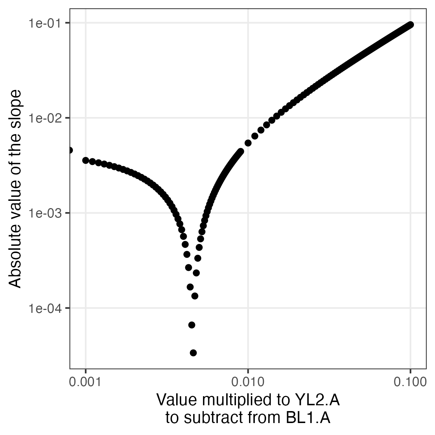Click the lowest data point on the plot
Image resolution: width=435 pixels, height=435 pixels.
[193, 353]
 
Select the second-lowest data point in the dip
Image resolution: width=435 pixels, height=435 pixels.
[192, 325]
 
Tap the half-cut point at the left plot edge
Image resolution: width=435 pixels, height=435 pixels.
[70, 150]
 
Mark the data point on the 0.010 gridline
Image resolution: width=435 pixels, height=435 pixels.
[248, 143]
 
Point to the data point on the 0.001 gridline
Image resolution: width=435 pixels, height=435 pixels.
[86, 160]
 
